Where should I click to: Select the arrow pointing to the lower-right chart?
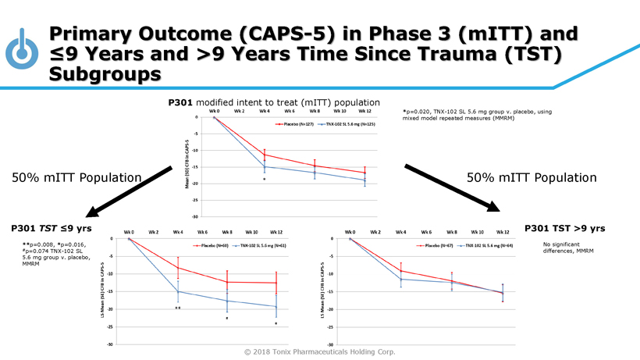pyautogui.click(x=452, y=187)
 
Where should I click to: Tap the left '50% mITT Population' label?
pyautogui.click(x=76, y=178)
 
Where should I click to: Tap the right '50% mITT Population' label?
pyautogui.click(x=532, y=178)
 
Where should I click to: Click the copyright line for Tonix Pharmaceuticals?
pyautogui.click(x=319, y=351)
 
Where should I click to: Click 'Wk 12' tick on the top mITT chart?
pyautogui.click(x=364, y=112)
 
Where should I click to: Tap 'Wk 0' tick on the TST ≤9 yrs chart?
pyautogui.click(x=130, y=232)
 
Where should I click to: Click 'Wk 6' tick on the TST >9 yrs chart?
pyautogui.click(x=425, y=232)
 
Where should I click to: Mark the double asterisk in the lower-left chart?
pyautogui.click(x=178, y=309)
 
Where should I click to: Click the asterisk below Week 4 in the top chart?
pyautogui.click(x=265, y=180)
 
